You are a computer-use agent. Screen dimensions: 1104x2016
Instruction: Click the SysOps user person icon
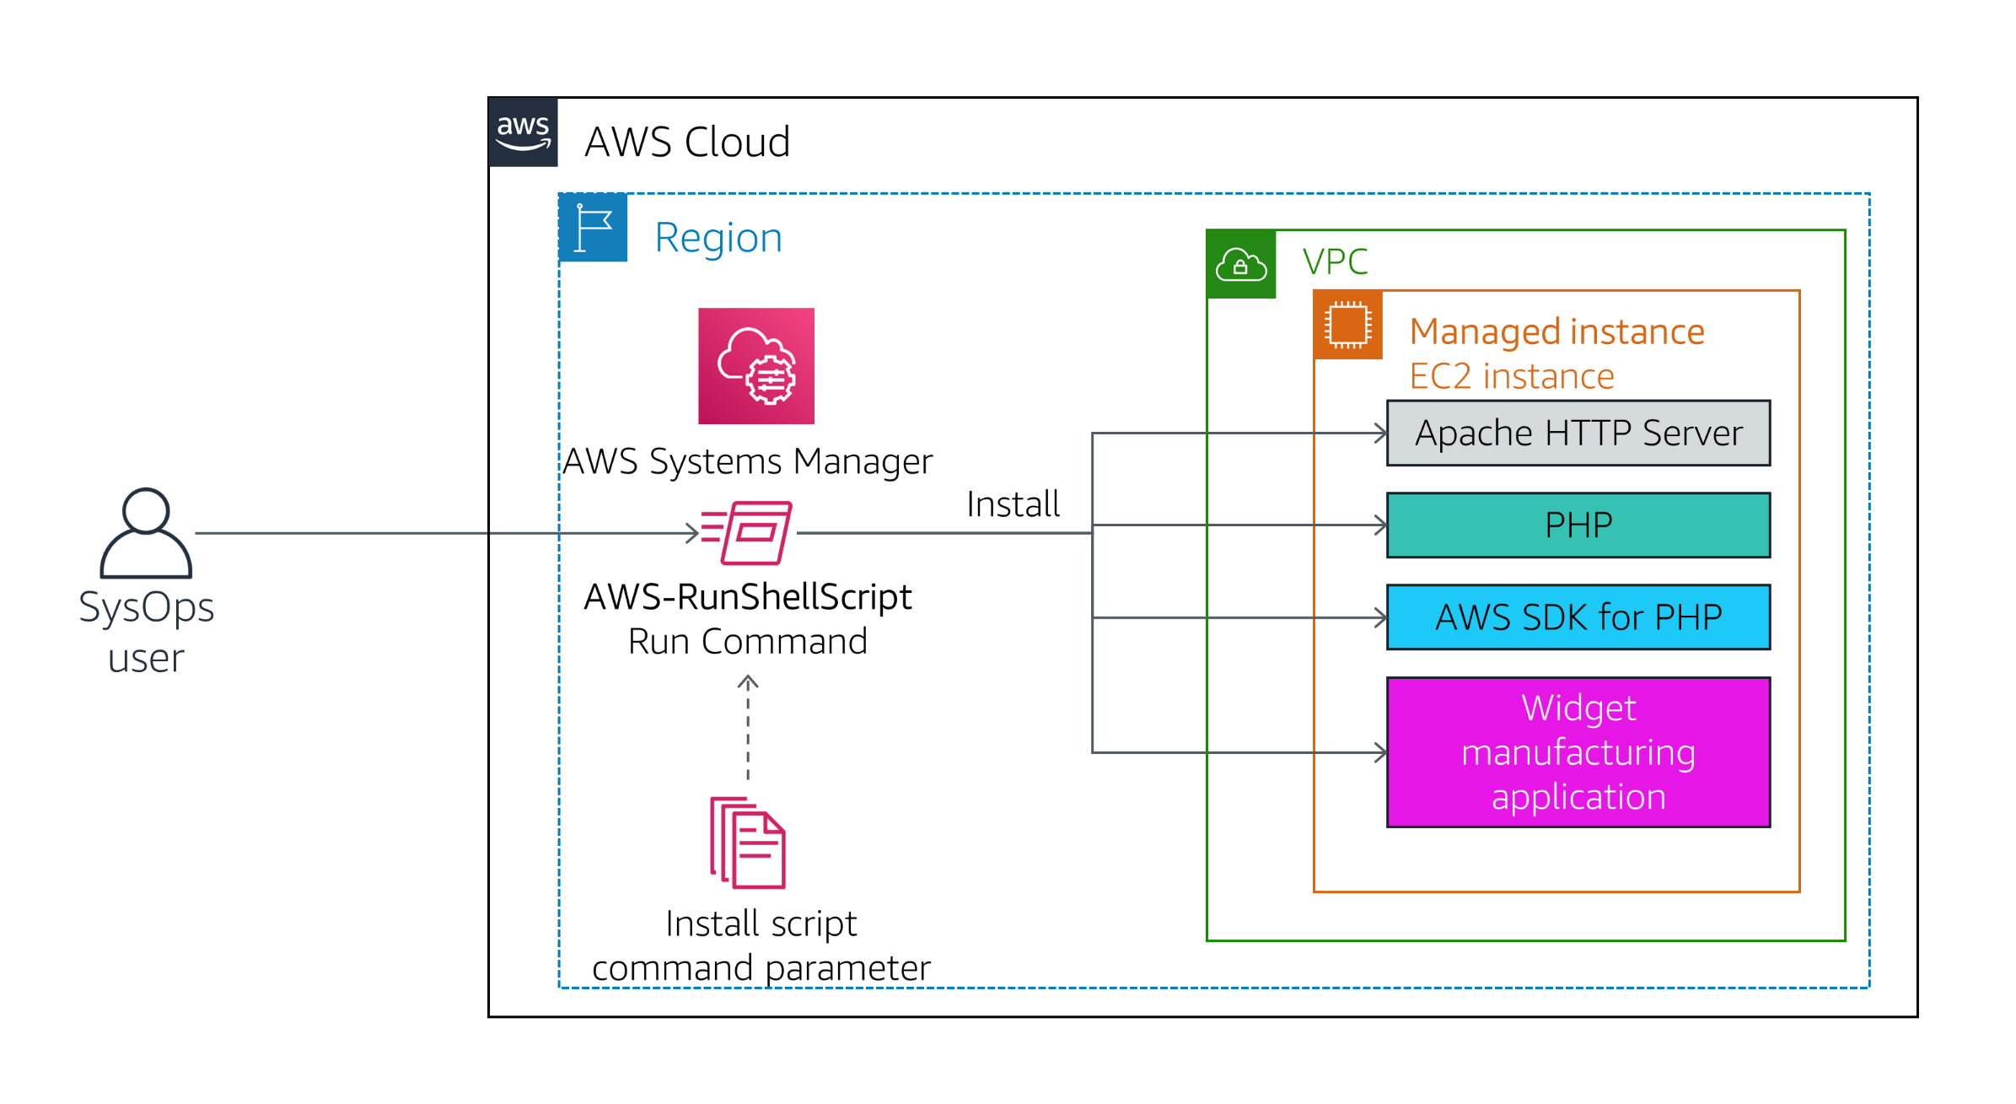pos(146,533)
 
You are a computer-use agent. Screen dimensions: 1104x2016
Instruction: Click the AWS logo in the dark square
pos(523,132)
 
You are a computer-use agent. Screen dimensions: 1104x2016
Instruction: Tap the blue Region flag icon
pos(593,228)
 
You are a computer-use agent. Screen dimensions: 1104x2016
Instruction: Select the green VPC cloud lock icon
pos(1240,265)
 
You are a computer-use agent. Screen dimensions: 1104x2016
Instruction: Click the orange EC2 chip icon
pos(1347,325)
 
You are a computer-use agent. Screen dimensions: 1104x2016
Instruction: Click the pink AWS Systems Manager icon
pos(755,366)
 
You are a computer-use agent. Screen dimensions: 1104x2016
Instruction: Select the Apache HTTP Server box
pos(1578,434)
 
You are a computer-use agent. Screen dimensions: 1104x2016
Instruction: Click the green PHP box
pos(1578,525)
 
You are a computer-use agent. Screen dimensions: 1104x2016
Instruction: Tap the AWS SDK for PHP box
pos(1578,617)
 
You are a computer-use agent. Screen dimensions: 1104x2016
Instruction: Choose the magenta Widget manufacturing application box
pos(1578,752)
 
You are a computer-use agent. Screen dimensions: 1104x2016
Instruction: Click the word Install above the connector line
pos(1012,504)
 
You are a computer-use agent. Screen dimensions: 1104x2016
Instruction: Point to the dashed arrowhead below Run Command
pos(748,681)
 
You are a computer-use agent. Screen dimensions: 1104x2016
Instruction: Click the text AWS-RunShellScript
pos(747,597)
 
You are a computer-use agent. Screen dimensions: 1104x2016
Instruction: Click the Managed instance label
pos(1556,331)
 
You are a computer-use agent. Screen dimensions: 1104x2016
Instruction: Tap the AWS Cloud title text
pos(687,142)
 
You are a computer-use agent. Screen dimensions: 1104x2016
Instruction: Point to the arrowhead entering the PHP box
pos(1380,525)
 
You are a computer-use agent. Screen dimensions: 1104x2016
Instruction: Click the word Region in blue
pos(718,238)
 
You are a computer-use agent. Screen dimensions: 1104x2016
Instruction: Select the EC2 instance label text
pos(1511,376)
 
